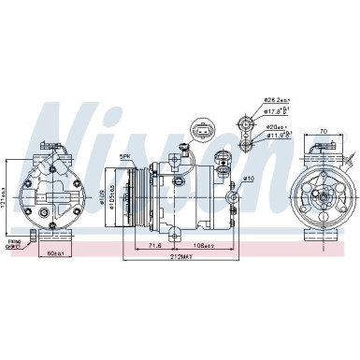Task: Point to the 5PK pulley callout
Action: tap(124, 156)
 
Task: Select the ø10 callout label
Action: tap(249, 178)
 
